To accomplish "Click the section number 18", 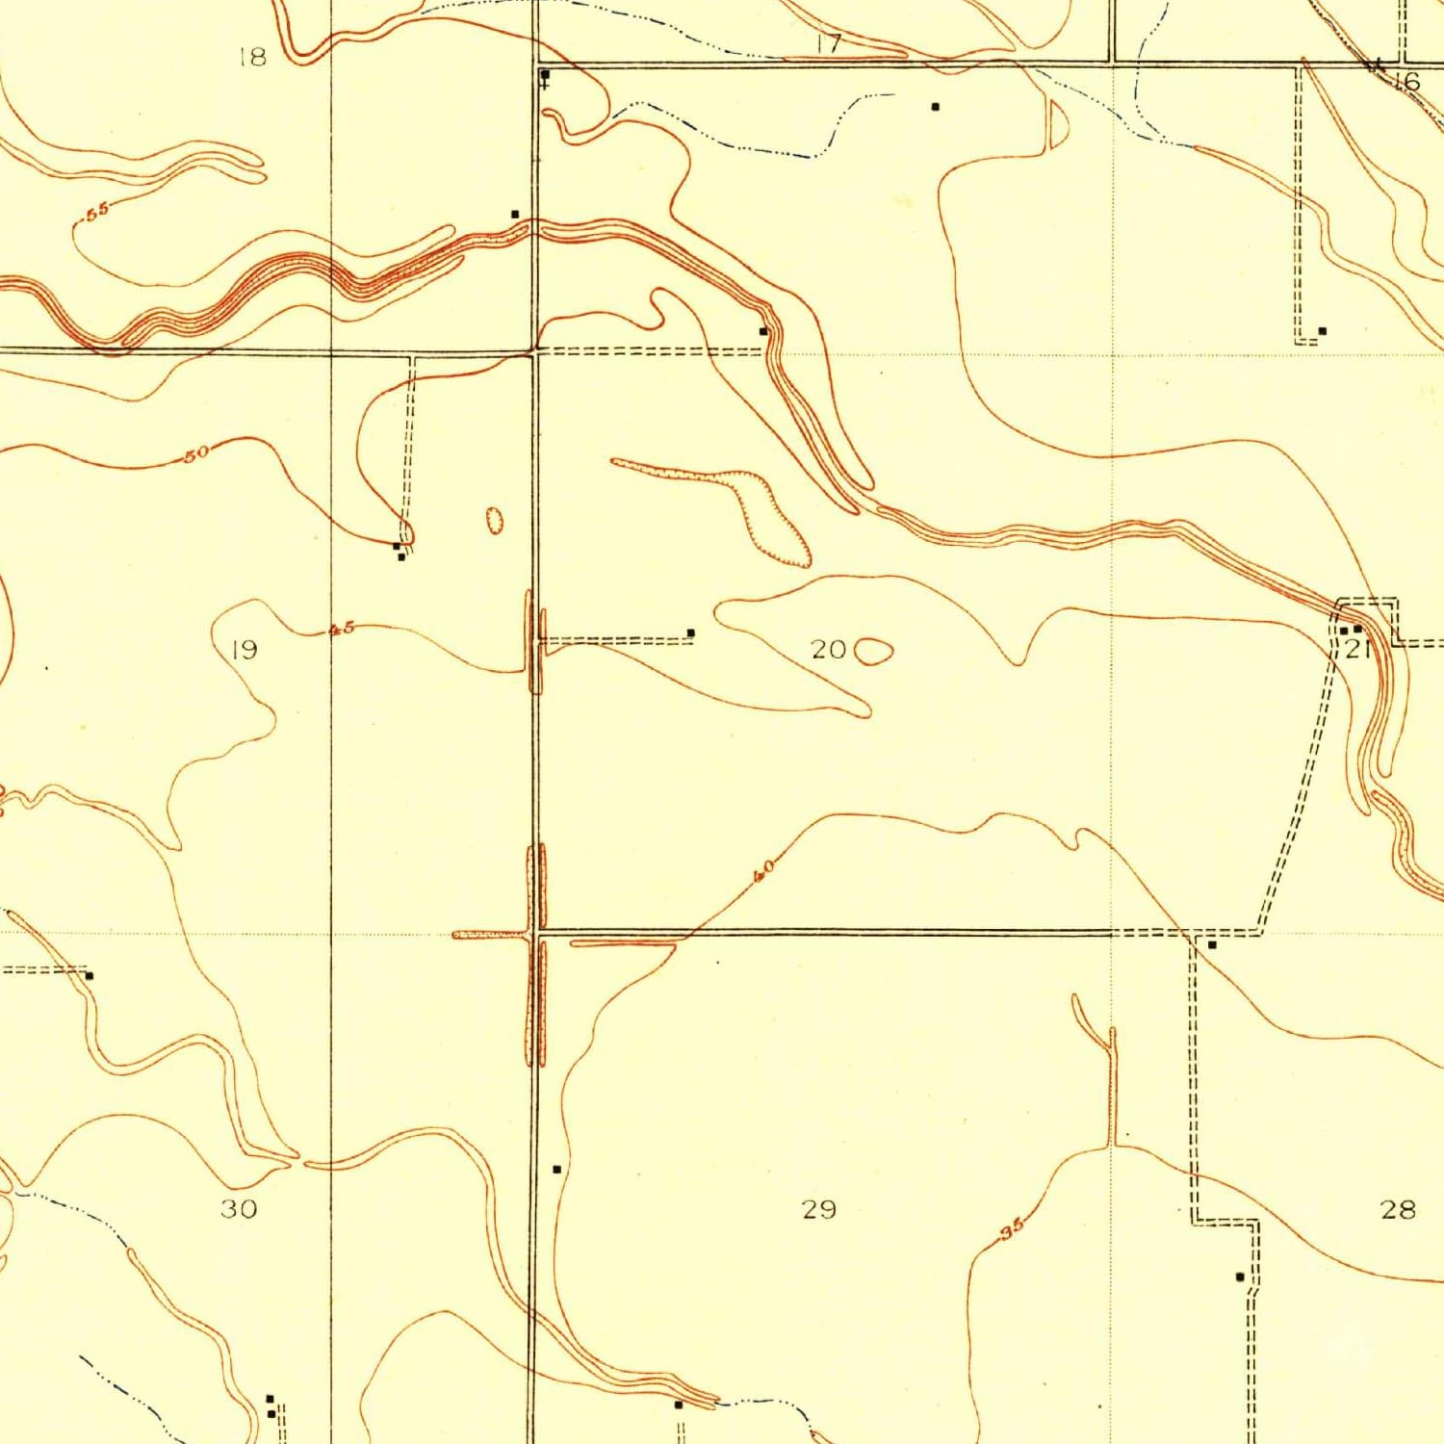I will (x=252, y=58).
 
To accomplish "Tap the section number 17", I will (x=828, y=43).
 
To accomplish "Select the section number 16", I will (x=1407, y=81).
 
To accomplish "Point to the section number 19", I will (x=245, y=650).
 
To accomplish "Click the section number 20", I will (x=828, y=650).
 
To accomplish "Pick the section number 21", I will (x=1357, y=648).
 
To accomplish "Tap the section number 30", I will (x=239, y=1208).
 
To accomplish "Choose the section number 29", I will (x=819, y=1208).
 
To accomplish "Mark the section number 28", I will (x=1398, y=1208).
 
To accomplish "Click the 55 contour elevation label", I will (x=97, y=213).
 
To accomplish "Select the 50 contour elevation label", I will (x=196, y=453).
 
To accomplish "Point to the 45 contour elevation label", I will (x=342, y=630).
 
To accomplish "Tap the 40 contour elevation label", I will (x=763, y=872).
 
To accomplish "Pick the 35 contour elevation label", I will (x=1011, y=1229).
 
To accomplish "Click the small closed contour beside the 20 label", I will (x=873, y=652).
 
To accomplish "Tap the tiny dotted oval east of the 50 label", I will (x=495, y=521).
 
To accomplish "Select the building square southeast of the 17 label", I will (x=935, y=107).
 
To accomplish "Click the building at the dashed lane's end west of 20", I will (x=690, y=632).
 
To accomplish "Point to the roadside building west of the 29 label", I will (x=556, y=1169).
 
